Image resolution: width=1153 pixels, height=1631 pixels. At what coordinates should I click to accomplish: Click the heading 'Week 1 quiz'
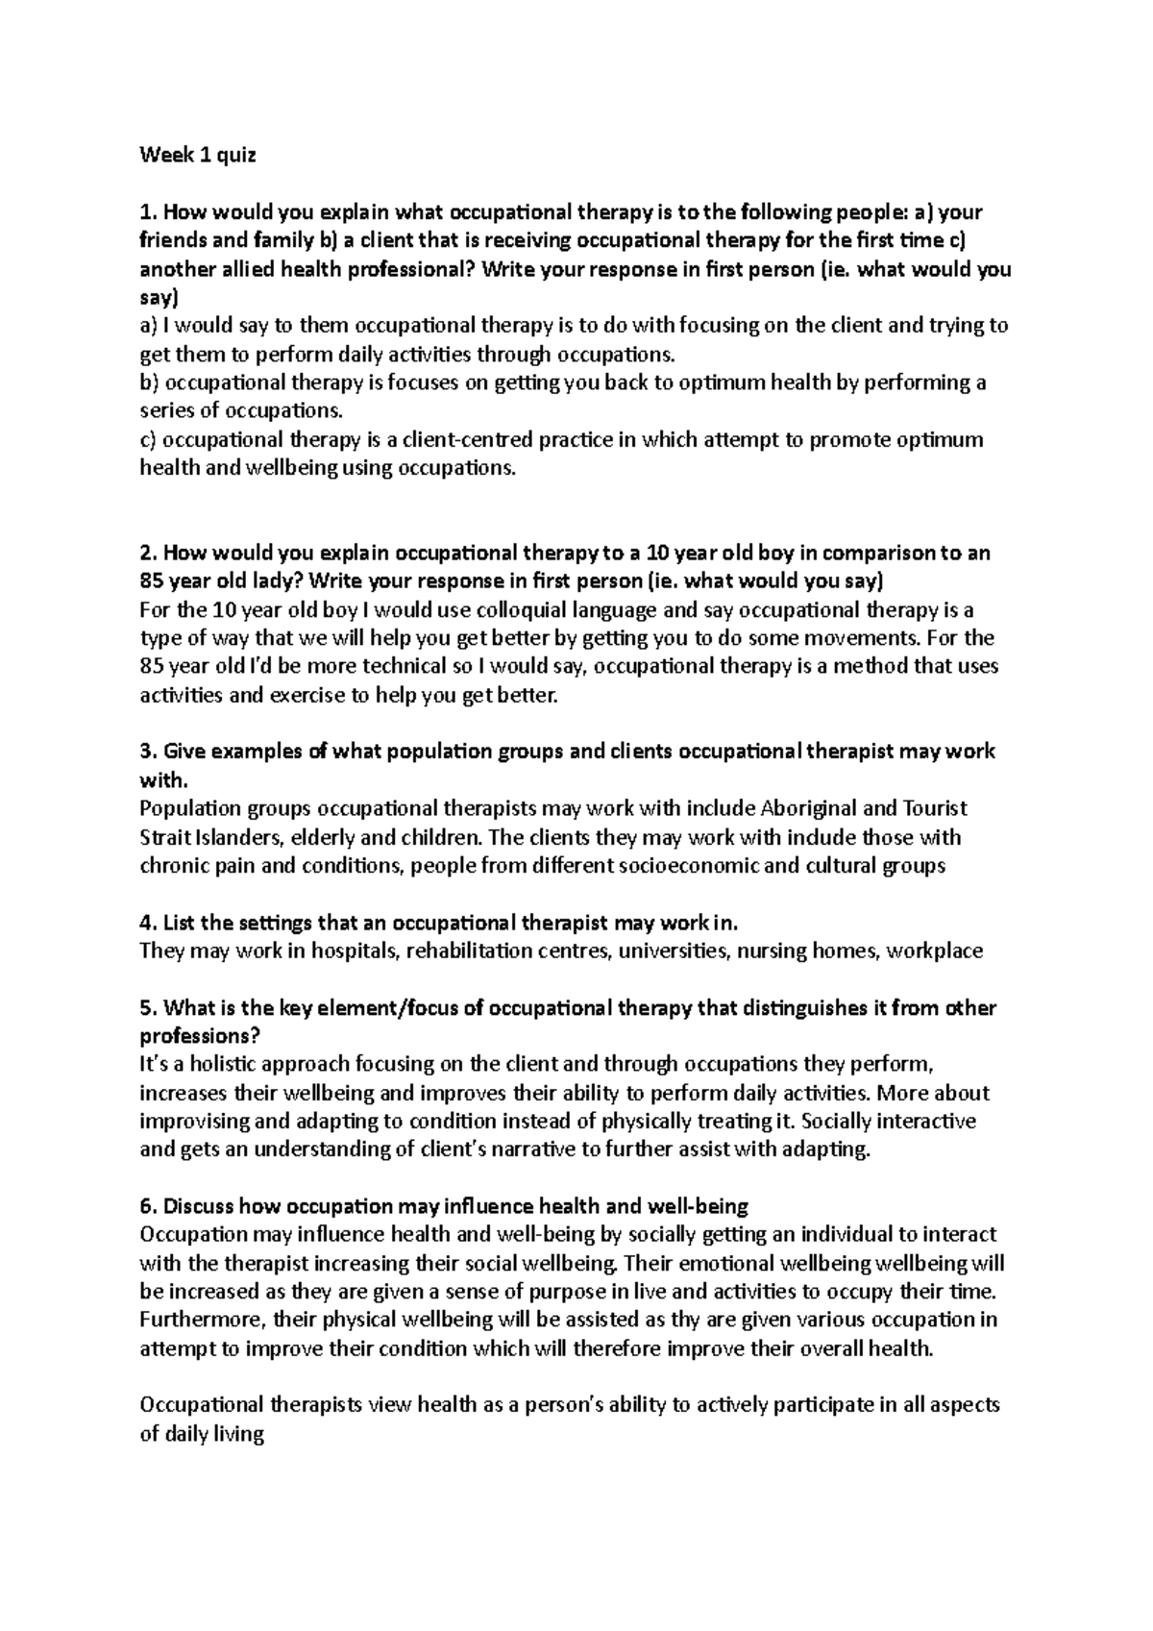click(x=198, y=155)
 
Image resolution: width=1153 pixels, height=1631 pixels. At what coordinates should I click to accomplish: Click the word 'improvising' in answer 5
click(x=195, y=1121)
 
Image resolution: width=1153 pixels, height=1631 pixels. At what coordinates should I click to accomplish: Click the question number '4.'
click(x=148, y=923)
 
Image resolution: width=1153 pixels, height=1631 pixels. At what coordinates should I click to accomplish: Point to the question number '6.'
click(x=148, y=1206)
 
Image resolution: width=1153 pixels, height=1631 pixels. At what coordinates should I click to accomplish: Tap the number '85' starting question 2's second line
click(x=151, y=581)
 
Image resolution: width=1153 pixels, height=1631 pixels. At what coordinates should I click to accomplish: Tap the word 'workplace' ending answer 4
click(x=935, y=951)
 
